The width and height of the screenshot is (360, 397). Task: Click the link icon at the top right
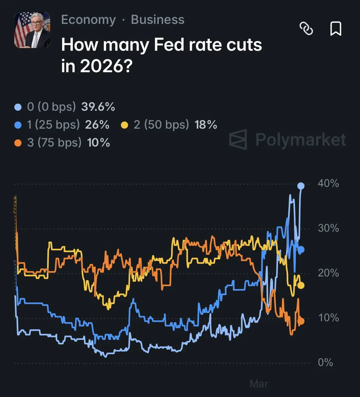coord(306,29)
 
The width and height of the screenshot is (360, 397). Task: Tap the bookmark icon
coord(336,29)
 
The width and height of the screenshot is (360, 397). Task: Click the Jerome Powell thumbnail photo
coord(32,30)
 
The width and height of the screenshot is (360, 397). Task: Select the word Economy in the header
coord(88,20)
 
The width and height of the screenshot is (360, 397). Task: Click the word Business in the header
coord(157,20)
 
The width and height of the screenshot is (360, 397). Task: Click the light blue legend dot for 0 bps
coord(18,107)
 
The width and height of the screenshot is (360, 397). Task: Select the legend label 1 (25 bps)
coord(53,125)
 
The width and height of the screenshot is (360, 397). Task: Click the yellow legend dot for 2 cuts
coord(125,125)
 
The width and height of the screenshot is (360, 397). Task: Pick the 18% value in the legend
coord(206,125)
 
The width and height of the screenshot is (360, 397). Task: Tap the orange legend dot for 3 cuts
coord(18,143)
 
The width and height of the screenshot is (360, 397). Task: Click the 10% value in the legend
coord(98,143)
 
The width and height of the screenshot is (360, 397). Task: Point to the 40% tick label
coord(328,183)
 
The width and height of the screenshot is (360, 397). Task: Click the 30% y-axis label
coord(328,228)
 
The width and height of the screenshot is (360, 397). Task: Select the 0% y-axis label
coord(325,363)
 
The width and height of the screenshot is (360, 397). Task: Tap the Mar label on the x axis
coord(259,384)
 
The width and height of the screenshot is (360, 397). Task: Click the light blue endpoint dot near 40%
coord(301,186)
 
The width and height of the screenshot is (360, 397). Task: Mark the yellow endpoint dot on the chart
coord(301,285)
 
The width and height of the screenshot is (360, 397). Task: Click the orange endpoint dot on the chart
coord(301,321)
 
